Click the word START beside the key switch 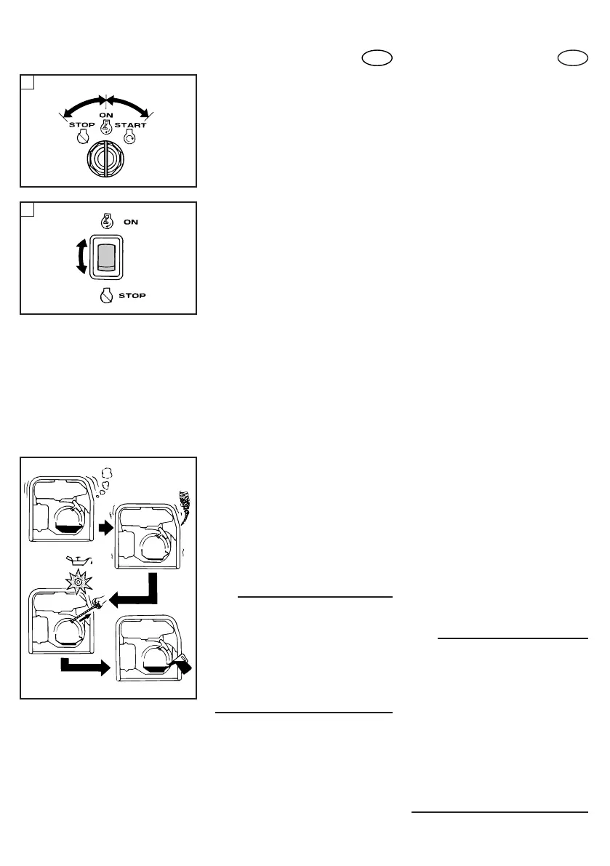pos(130,125)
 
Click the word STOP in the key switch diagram pos(73,125)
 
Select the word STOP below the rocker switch pos(132,297)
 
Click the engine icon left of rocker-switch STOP pos(106,297)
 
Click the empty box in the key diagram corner pos(27,82)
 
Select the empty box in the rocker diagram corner pos(27,209)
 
